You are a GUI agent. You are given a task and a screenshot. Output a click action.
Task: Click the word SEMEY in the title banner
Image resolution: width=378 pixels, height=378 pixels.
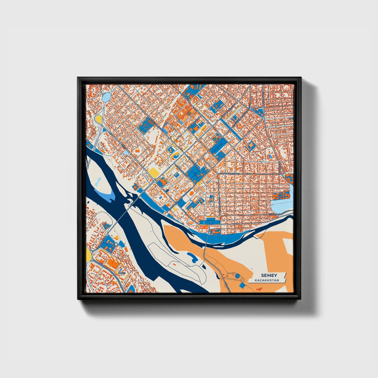tap(268, 275)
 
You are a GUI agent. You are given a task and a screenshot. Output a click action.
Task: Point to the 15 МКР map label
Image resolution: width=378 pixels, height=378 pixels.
tap(122, 273)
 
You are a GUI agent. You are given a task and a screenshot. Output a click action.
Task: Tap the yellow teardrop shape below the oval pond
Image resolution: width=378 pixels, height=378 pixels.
tap(98, 120)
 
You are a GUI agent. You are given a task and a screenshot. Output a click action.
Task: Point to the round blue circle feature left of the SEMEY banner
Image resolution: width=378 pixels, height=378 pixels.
tap(237, 275)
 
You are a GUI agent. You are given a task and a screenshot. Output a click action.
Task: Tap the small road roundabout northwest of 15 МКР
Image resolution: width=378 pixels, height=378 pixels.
tap(116, 244)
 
